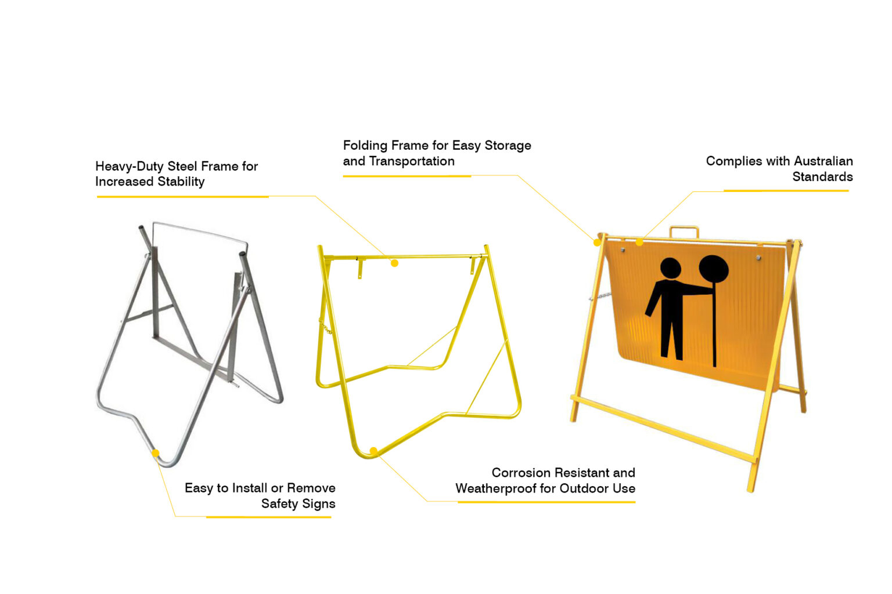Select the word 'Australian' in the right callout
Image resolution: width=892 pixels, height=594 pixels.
pyautogui.click(x=823, y=161)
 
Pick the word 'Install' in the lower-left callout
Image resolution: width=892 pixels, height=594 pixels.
pyautogui.click(x=249, y=488)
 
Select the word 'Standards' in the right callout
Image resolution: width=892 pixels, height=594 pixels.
pyautogui.click(x=822, y=177)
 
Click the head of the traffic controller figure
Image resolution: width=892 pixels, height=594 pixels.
pyautogui.click(x=671, y=268)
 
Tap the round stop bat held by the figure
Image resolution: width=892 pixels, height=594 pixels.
pyautogui.click(x=714, y=269)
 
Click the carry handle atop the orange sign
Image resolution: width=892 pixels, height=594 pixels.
pyautogui.click(x=684, y=231)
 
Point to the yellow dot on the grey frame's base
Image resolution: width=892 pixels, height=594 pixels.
pyautogui.click(x=155, y=453)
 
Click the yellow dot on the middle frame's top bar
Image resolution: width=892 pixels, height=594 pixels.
pyautogui.click(x=394, y=263)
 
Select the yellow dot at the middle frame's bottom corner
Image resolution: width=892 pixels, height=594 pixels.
pyautogui.click(x=373, y=451)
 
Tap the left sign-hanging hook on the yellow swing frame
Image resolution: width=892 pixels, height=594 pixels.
pyautogui.click(x=359, y=268)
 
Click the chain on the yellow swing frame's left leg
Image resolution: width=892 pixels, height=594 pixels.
pyautogui.click(x=325, y=326)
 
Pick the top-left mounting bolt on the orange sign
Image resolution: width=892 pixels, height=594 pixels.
pyautogui.click(x=623, y=250)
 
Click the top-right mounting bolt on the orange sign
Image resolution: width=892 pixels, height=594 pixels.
pyautogui.click(x=758, y=258)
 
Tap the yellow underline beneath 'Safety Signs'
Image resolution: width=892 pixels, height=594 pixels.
pyautogui.click(x=268, y=517)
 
